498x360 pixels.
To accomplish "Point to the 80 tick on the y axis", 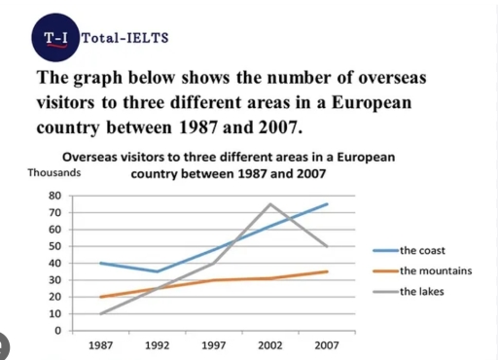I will (54, 196).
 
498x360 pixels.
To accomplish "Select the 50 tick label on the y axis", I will (54, 246).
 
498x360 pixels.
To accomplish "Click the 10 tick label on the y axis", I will (54, 314).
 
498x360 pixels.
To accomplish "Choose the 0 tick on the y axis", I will (57, 331).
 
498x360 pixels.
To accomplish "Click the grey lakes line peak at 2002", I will (269, 204).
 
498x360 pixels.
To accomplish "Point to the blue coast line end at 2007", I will (326, 204).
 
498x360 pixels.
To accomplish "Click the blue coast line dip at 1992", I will (158, 271).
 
